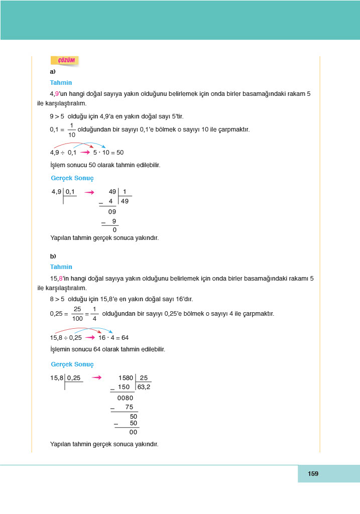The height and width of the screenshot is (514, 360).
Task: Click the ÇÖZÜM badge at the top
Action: (65, 60)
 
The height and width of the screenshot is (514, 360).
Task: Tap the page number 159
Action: (313, 473)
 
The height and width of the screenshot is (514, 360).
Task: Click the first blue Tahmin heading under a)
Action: (61, 83)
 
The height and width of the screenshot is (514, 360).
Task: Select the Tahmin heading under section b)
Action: (61, 267)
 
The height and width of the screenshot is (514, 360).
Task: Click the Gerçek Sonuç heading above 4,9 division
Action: (72, 178)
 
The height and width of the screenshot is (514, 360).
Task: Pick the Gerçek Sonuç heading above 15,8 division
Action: (72, 364)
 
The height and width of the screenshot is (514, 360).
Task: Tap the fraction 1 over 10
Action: (71, 130)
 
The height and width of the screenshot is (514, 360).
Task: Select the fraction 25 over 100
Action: (77, 314)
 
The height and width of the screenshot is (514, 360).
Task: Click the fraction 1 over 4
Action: (94, 314)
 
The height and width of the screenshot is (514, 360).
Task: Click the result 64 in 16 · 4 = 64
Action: (125, 338)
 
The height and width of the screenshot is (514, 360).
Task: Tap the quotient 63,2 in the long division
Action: (144, 387)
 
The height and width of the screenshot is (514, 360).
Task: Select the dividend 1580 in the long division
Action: (126, 378)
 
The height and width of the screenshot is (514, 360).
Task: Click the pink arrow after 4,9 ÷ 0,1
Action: (85, 152)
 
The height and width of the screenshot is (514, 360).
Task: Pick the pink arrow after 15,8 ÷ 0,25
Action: (91, 338)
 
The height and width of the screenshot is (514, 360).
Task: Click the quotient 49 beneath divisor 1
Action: (126, 201)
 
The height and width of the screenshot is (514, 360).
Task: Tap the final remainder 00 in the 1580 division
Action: (133, 432)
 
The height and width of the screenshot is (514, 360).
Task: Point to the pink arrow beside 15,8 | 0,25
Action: (97, 378)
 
